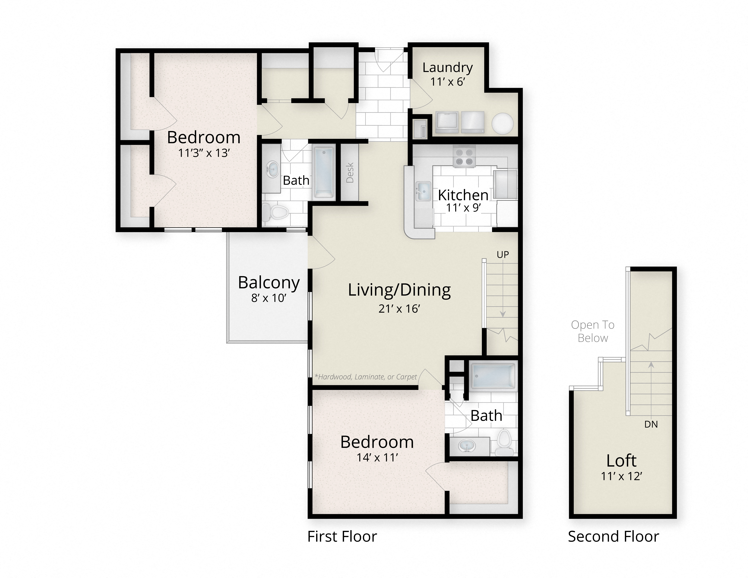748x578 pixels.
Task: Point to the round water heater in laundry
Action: coord(502,123)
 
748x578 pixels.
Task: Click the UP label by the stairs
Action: coord(503,254)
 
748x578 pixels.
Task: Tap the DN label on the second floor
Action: coord(651,424)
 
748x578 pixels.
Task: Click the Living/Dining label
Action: coord(399,290)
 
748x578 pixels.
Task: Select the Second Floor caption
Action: coord(613,537)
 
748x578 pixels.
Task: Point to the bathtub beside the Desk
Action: coord(323,172)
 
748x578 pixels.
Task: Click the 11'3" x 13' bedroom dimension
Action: coord(204,153)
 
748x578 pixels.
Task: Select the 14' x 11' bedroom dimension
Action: coord(377,458)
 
